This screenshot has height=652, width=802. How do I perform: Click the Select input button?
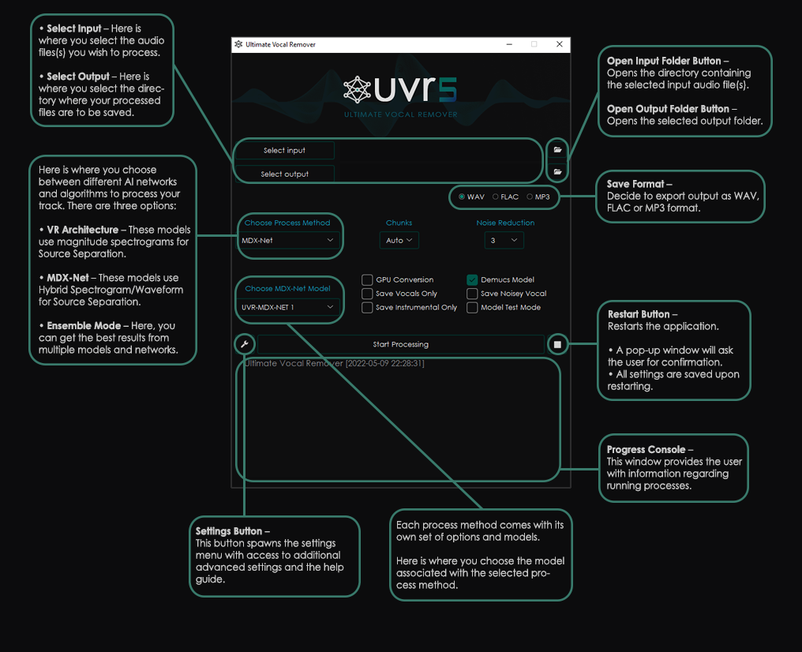click(284, 150)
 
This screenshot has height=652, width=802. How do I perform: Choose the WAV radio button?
click(462, 197)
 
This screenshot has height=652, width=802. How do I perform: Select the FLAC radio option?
click(496, 197)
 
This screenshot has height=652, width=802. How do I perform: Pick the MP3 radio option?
click(530, 197)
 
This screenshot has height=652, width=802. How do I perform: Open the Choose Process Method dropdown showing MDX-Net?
click(288, 241)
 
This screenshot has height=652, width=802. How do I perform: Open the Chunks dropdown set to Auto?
click(399, 240)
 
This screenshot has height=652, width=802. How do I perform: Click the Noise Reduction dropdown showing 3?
click(504, 240)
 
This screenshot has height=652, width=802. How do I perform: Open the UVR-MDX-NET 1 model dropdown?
click(288, 307)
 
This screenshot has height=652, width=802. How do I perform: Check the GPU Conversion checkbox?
click(367, 279)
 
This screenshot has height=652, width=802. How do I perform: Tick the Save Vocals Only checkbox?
click(367, 294)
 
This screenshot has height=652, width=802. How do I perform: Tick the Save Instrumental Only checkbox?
click(367, 307)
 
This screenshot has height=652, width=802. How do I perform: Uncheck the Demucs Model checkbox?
click(472, 279)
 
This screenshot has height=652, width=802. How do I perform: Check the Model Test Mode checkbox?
click(472, 307)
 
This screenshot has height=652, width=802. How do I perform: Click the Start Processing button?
click(400, 344)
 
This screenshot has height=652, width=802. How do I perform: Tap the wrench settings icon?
click(245, 344)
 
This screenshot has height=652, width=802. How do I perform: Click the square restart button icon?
click(557, 344)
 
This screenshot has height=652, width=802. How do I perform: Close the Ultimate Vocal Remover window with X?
click(560, 45)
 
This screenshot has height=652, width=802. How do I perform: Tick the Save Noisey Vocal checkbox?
click(472, 294)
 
